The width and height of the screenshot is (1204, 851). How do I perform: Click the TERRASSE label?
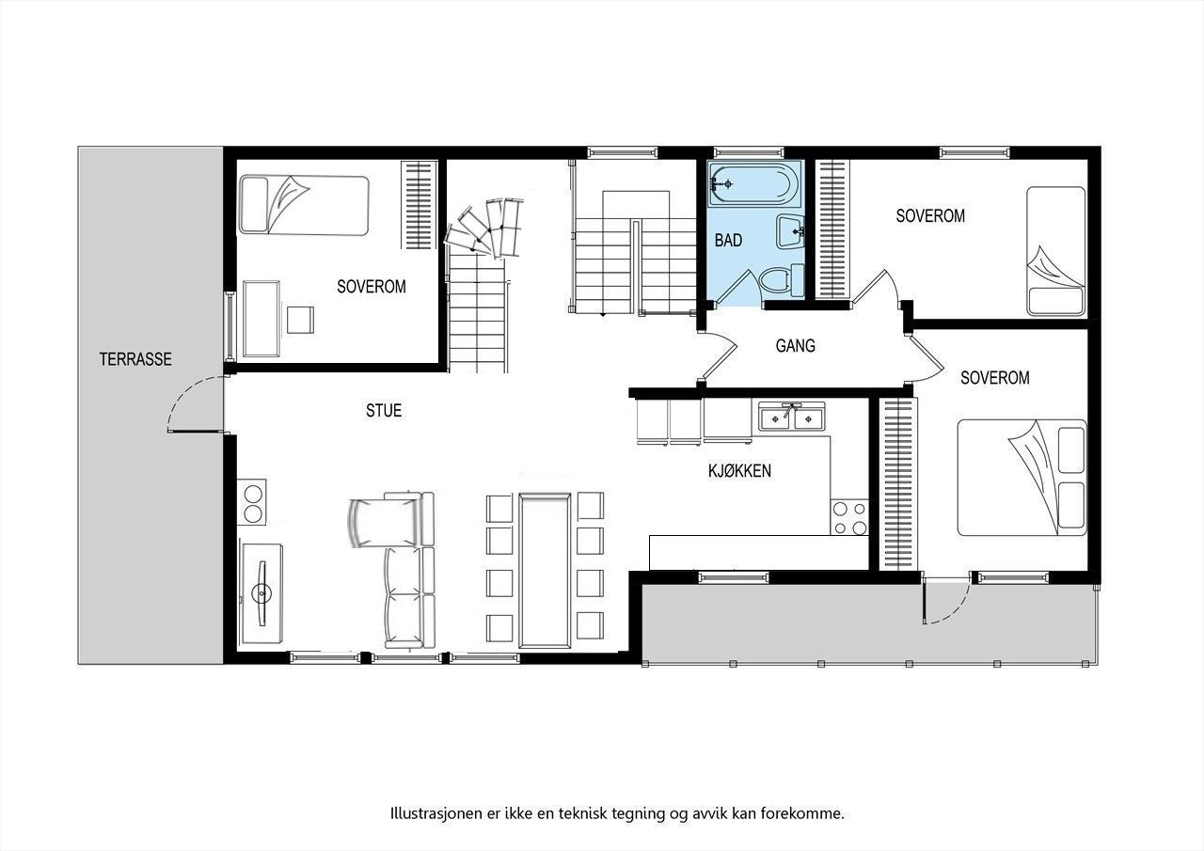tap(135, 358)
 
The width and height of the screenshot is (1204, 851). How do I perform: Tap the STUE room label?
tap(384, 410)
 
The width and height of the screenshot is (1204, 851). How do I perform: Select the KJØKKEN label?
tap(739, 470)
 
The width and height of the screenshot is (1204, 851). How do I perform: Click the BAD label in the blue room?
tap(728, 241)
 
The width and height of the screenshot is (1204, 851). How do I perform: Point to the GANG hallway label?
tap(795, 346)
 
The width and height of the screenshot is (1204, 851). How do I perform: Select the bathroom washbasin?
tap(789, 229)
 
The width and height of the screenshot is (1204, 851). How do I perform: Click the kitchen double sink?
tap(792, 416)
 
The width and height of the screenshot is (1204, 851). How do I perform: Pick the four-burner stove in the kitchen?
tap(848, 517)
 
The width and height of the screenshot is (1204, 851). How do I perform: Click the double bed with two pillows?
tap(1022, 477)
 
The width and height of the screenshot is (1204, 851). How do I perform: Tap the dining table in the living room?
tap(546, 571)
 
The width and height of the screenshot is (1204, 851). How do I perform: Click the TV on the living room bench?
tap(261, 592)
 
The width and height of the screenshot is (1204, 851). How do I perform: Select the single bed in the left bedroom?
tap(302, 204)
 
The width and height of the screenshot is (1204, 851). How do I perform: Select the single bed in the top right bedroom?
tap(1055, 250)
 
